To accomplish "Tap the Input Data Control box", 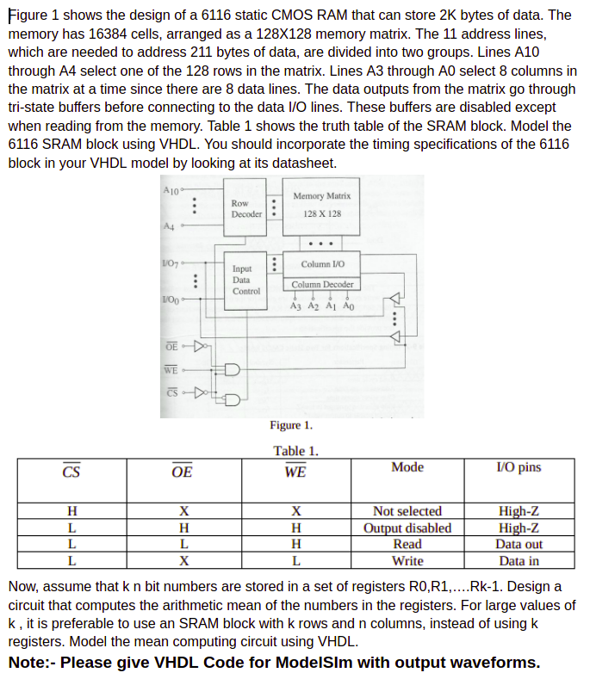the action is pos(243,280).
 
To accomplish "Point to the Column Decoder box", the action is pos(321,284).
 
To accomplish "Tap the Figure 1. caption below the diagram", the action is pos(291,424).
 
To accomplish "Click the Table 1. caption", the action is pos(295,450).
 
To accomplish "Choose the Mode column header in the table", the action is pos(407,467).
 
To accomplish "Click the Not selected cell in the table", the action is pos(407,511).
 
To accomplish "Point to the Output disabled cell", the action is pos(407,528).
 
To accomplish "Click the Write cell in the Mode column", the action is pos(407,560).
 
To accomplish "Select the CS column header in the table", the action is pos(71,472).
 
